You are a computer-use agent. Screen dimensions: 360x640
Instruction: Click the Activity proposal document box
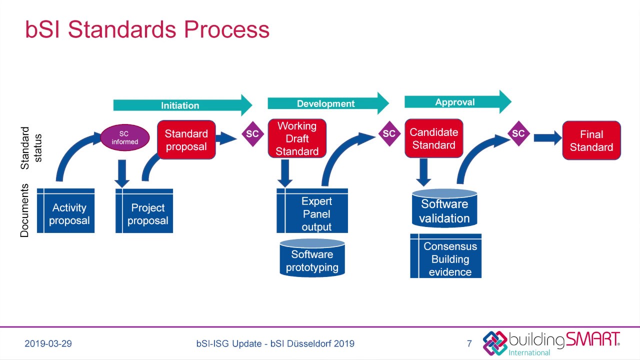(65, 210)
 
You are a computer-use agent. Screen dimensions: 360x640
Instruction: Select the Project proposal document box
(144, 210)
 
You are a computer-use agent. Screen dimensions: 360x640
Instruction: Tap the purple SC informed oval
(125, 137)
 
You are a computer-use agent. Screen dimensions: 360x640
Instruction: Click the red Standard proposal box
(186, 139)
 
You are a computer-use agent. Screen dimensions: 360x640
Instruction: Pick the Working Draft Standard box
(297, 138)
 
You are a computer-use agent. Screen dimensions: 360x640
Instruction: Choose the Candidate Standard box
(433, 138)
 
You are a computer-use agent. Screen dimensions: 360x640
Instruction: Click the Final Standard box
(591, 140)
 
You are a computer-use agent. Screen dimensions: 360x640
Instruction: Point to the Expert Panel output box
(312, 210)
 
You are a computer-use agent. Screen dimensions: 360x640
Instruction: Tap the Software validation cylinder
(444, 208)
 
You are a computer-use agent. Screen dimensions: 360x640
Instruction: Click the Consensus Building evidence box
(445, 255)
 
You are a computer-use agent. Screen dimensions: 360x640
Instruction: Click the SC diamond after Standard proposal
(252, 134)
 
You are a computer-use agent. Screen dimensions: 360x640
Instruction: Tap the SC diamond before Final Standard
(518, 133)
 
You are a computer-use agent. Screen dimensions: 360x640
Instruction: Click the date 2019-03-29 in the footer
(48, 343)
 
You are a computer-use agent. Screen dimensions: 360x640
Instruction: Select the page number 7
(469, 343)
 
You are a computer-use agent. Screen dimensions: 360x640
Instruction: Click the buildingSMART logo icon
(494, 342)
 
